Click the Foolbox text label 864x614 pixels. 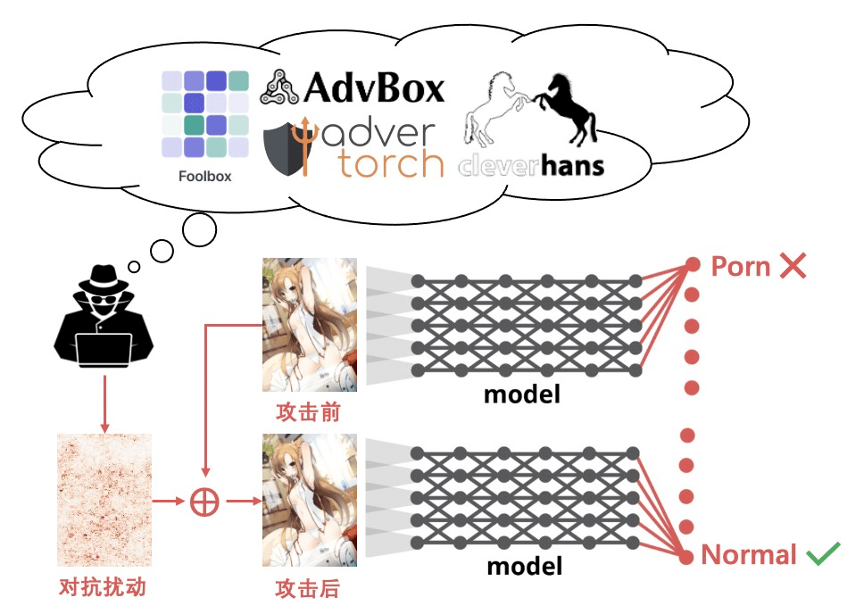coord(205,176)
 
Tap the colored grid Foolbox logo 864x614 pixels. coord(205,114)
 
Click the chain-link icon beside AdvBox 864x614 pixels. coord(279,87)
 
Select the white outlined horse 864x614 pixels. coord(494,109)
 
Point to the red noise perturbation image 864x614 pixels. coord(104,501)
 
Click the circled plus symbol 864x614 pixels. coord(205,502)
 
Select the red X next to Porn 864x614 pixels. coord(793,265)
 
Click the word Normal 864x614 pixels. coord(749,555)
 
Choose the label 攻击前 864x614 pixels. coord(309,413)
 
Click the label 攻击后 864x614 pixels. coord(309,588)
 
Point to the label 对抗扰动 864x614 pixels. coord(102,587)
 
